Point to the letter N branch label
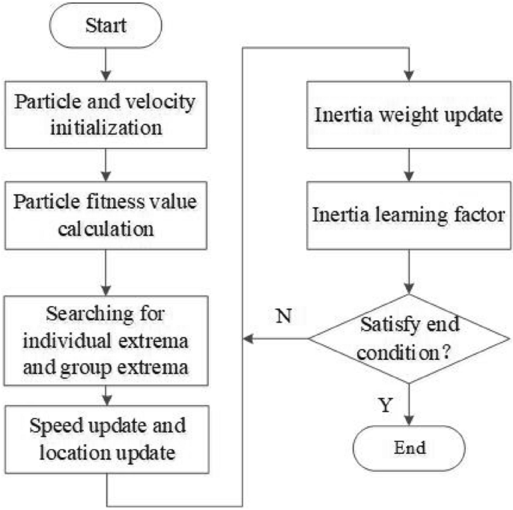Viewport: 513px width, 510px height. pyautogui.click(x=282, y=316)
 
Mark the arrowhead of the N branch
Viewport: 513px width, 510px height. pyautogui.click(x=247, y=339)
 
